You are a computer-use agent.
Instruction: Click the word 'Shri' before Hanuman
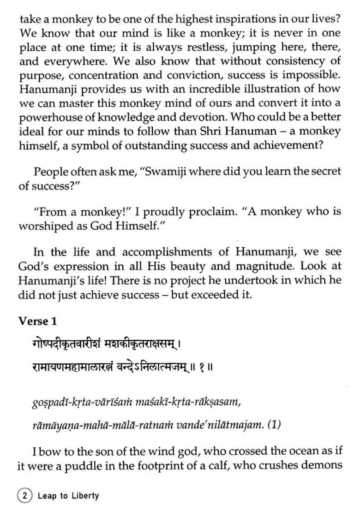(213, 131)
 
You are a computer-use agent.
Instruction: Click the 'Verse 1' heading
(37, 321)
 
